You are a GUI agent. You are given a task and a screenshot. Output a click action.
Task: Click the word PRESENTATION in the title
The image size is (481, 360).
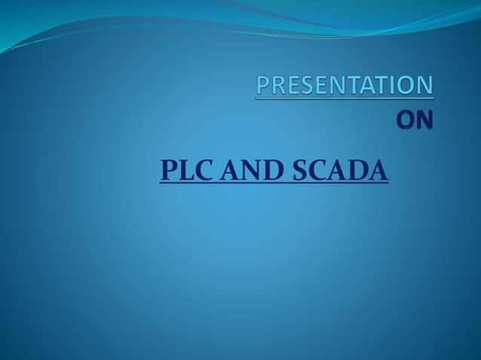[x=345, y=86]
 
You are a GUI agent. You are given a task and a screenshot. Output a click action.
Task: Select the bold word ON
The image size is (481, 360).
[x=415, y=121]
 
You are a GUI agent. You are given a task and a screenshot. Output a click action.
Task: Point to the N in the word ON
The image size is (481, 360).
[x=425, y=121]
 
